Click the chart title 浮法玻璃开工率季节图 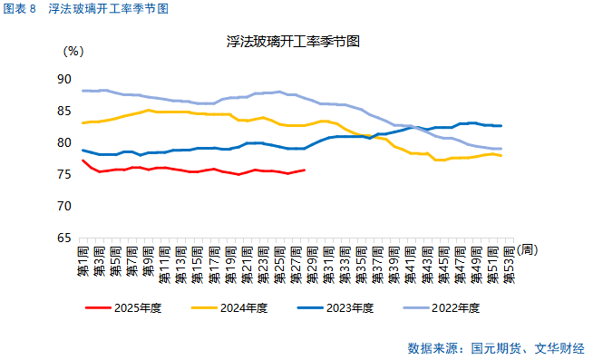click(294, 42)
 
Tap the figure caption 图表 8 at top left click(20, 9)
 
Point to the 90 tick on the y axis click(63, 80)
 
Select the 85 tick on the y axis click(63, 112)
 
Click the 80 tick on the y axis click(63, 143)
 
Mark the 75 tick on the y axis click(63, 175)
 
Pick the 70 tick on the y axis click(63, 207)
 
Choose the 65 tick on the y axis click(63, 238)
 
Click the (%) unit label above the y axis click(73, 52)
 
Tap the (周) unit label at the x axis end click(529, 249)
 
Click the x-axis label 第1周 click(83, 263)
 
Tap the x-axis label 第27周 click(296, 263)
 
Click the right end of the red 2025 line click(305, 170)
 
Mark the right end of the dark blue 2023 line click(501, 126)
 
